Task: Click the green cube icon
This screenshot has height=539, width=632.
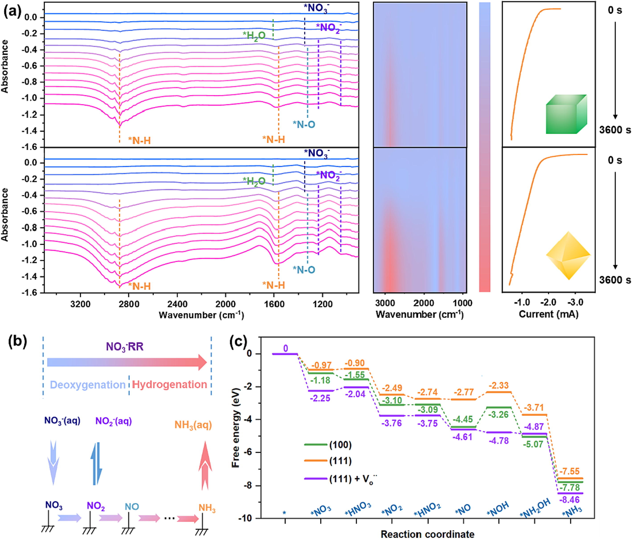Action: (x=566, y=114)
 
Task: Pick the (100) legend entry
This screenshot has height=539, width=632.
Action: (x=340, y=445)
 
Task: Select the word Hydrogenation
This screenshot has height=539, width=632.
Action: (x=170, y=384)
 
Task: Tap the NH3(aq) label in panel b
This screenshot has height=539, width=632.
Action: (x=193, y=425)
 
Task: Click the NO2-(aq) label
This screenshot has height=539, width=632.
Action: (x=113, y=421)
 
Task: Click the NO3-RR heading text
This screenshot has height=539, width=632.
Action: (x=125, y=347)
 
